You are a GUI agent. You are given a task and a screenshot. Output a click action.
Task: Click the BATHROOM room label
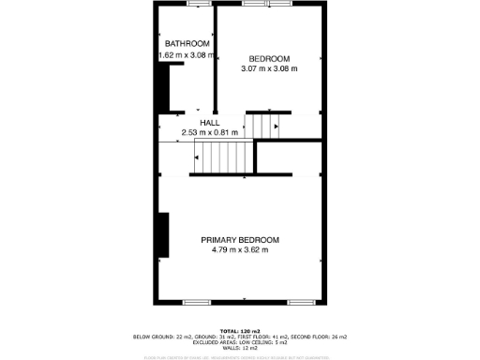(187, 44)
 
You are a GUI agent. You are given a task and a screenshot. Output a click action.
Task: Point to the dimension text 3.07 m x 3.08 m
(269, 68)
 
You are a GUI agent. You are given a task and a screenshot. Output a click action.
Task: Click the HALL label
(209, 123)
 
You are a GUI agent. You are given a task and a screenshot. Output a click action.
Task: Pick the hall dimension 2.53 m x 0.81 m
(210, 133)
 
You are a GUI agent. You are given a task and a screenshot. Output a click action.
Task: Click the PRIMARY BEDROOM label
(240, 240)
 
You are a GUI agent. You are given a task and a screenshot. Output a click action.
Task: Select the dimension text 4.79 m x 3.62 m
(240, 250)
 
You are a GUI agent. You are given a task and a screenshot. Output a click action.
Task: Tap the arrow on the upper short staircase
(276, 125)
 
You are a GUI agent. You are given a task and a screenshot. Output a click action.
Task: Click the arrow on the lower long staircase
(197, 158)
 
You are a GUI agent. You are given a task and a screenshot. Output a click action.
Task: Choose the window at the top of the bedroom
(267, 4)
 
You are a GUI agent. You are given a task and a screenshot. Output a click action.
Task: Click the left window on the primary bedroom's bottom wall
(197, 302)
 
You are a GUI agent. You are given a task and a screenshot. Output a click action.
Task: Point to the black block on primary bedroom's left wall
(163, 234)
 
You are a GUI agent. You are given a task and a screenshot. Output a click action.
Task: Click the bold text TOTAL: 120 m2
(240, 331)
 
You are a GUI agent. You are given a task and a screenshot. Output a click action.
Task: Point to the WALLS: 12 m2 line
(240, 348)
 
